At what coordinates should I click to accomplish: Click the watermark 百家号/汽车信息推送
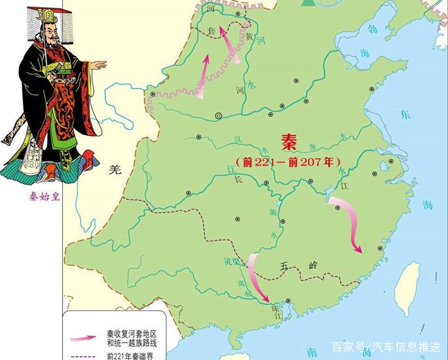386,346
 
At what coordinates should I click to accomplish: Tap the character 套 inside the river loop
210,32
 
